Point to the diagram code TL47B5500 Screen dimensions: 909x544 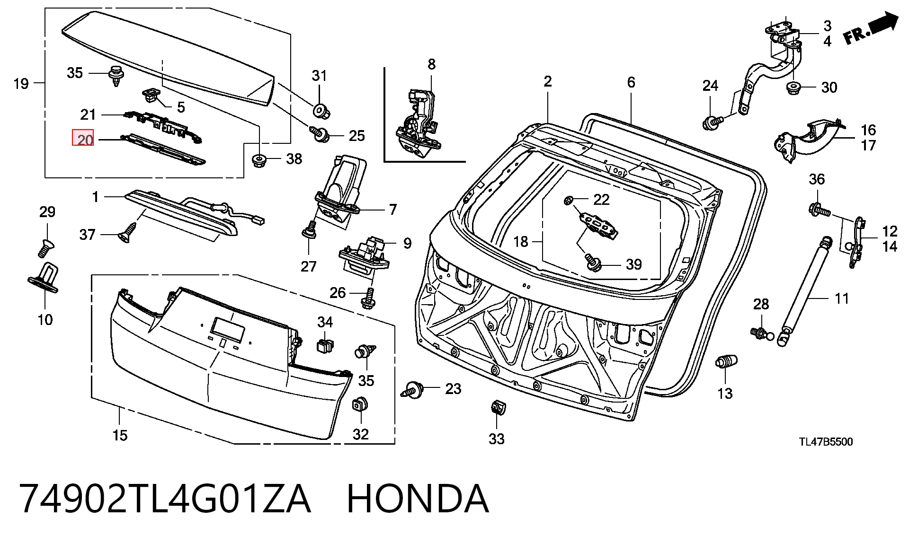826,442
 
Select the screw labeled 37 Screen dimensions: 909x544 126,234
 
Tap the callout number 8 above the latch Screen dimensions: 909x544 431,64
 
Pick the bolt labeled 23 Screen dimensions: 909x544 413,390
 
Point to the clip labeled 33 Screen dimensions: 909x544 497,407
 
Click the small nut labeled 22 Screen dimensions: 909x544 568,201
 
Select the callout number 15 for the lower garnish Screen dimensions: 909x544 120,435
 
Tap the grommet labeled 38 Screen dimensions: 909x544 258,160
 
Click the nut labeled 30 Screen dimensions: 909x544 794,88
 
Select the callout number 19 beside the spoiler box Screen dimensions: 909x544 21,84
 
